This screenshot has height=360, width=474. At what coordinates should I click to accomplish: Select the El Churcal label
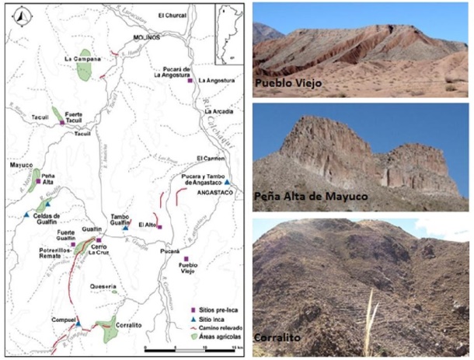(173, 15)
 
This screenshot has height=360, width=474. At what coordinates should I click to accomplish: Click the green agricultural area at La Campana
(84, 68)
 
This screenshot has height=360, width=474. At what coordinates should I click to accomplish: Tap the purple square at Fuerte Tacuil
(62, 122)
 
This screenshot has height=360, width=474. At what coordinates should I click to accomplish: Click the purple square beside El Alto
(159, 226)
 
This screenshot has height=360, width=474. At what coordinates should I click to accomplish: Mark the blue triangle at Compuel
(78, 323)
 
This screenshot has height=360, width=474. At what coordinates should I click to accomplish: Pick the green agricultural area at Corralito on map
(109, 330)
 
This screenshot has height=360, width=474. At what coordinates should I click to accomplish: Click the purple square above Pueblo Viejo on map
(186, 259)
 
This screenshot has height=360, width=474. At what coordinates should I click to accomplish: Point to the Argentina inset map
(228, 35)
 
